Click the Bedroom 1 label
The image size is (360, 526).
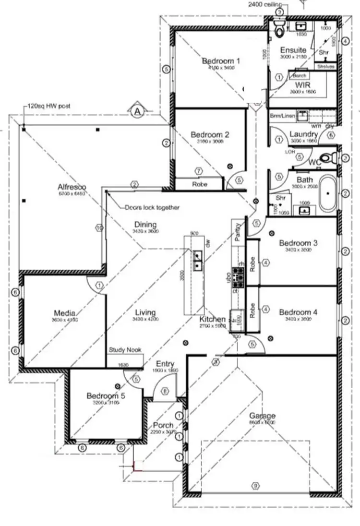[221, 61]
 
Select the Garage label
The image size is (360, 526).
[262, 416]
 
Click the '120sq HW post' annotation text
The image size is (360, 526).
[49, 106]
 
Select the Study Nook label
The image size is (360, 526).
[125, 350]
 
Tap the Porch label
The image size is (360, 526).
[163, 425]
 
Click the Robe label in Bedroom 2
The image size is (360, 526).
[199, 184]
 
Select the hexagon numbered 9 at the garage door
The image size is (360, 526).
[255, 486]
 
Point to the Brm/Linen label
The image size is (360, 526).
[281, 116]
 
